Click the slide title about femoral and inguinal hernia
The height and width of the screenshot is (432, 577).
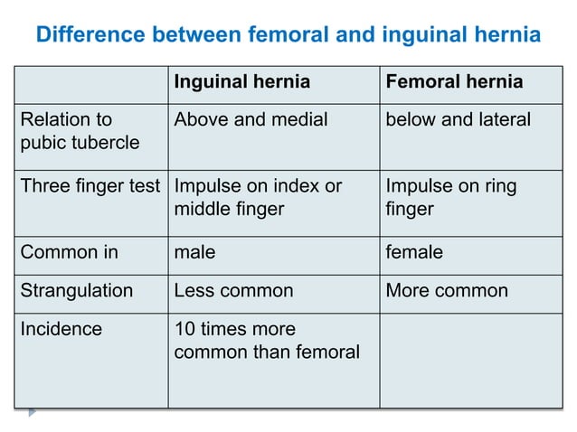pyautogui.click(x=288, y=35)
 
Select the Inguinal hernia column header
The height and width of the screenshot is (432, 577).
pyautogui.click(x=241, y=82)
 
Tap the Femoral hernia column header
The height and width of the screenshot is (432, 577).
pyautogui.click(x=454, y=82)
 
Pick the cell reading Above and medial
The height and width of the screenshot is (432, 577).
pyautogui.click(x=251, y=119)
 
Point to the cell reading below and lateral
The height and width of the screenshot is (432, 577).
pyautogui.click(x=458, y=119)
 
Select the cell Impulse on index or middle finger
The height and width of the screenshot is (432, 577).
pyautogui.click(x=258, y=198)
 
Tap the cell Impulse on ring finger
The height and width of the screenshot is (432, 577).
pyautogui.click(x=451, y=198)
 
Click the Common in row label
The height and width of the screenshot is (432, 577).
pyautogui.click(x=69, y=252)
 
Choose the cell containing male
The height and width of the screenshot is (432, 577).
pyautogui.click(x=194, y=252)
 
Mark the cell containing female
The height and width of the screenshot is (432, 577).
pyautogui.click(x=414, y=252)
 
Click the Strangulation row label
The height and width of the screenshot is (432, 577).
pyautogui.click(x=76, y=291)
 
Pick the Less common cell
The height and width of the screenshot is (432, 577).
pyautogui.click(x=233, y=291)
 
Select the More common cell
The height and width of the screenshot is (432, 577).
pyautogui.click(x=447, y=291)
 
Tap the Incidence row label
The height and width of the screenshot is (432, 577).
pyautogui.click(x=61, y=329)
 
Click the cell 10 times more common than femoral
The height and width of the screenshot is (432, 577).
pyautogui.click(x=266, y=340)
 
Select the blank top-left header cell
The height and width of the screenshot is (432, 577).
pyautogui.click(x=90, y=82)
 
